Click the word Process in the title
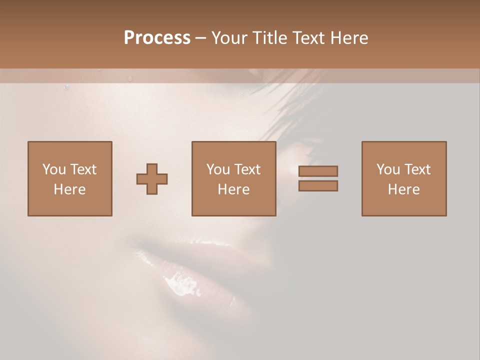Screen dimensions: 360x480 click(157, 38)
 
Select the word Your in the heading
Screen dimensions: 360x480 click(229, 38)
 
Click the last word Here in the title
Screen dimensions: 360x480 click(349, 38)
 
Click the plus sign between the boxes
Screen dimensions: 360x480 click(152, 178)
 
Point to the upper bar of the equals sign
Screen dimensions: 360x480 click(318, 171)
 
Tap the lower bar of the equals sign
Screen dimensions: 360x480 click(318, 185)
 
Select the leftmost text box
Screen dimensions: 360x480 click(70, 178)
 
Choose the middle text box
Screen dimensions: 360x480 click(234, 178)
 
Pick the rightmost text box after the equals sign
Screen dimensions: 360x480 click(404, 178)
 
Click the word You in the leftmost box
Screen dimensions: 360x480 click(54, 169)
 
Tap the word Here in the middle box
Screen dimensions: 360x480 click(234, 189)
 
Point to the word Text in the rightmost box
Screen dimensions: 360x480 click(416, 169)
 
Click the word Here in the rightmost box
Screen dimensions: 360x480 click(404, 189)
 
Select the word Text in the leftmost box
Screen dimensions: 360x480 click(82, 169)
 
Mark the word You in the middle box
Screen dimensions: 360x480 click(218, 169)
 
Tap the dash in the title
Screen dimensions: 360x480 click(201, 38)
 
